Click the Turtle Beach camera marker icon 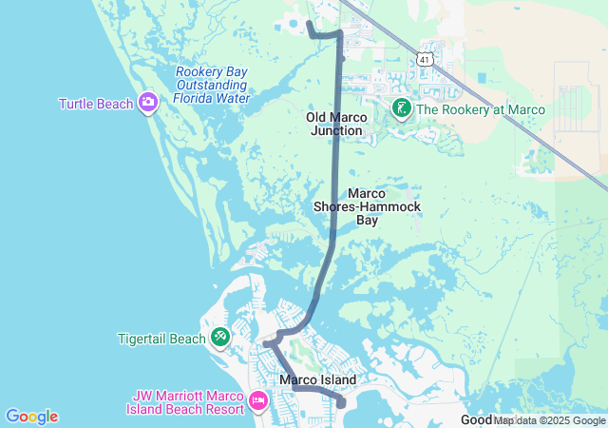148,103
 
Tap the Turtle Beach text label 96,104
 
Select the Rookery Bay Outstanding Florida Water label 213,85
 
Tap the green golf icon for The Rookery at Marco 402,109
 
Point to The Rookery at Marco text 481,109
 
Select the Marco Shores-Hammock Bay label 368,206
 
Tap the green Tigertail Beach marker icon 220,337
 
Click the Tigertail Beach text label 161,338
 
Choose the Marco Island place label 318,380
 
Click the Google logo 31,417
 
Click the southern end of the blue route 342,404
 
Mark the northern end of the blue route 309,22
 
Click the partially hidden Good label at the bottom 475,420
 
